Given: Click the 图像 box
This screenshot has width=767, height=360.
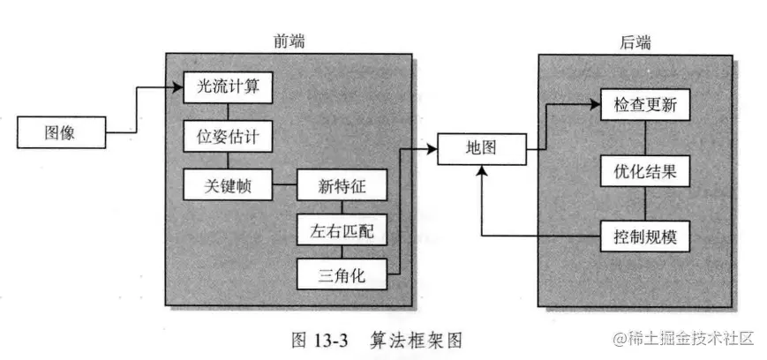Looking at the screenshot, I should pos(59,134).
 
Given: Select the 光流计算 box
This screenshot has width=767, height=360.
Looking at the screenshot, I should pos(228,87).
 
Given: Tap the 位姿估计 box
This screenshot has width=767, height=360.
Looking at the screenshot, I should pos(228,137).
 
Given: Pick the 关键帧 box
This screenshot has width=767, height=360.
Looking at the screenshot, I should pos(228,185).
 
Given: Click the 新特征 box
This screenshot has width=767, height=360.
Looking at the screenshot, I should pos(342,185).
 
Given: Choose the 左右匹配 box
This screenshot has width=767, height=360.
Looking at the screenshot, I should pos(342,232).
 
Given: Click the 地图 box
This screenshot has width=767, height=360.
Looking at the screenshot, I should pos(482,148).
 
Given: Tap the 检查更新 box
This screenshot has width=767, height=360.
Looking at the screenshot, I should pos(645,105).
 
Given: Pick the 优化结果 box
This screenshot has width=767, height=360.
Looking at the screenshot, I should pos(645,171).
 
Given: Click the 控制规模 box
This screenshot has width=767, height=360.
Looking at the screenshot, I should pos(645,236).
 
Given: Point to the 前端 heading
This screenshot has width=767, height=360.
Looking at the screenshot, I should pos(290,41).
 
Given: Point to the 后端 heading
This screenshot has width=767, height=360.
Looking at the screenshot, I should pos(637,41).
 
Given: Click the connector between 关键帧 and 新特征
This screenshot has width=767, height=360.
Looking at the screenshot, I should pos(284,185).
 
